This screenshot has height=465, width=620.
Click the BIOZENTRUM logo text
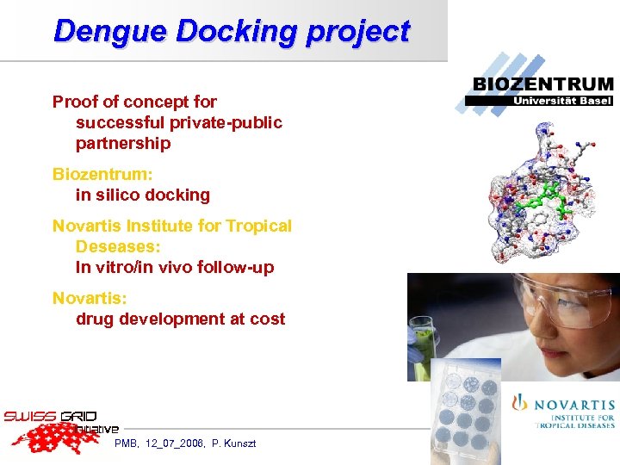tap(543, 84)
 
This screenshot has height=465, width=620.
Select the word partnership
tap(123, 144)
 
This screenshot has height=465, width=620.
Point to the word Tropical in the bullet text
tap(258, 226)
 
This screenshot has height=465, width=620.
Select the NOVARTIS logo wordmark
tap(573, 405)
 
